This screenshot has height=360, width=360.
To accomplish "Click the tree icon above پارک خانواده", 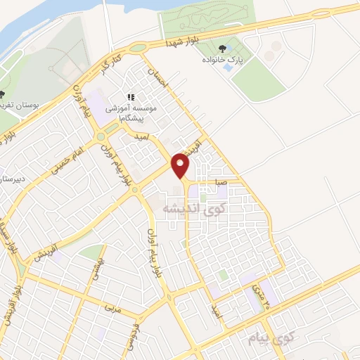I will pos(222,49).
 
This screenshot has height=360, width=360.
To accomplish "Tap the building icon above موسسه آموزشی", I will pos(130,97).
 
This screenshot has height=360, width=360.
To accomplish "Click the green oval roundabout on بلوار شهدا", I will pos(137,48).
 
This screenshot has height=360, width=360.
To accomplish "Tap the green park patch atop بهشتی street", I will pos(91,251).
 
